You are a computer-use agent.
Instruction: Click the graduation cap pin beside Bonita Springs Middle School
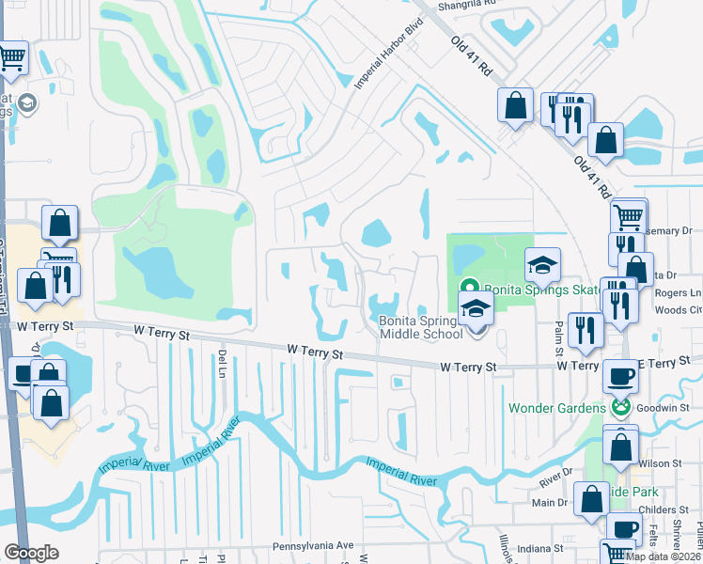[476, 308]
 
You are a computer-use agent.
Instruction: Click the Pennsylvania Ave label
[312, 545]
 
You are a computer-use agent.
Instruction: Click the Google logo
[31, 552]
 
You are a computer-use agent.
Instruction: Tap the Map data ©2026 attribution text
[662, 556]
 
